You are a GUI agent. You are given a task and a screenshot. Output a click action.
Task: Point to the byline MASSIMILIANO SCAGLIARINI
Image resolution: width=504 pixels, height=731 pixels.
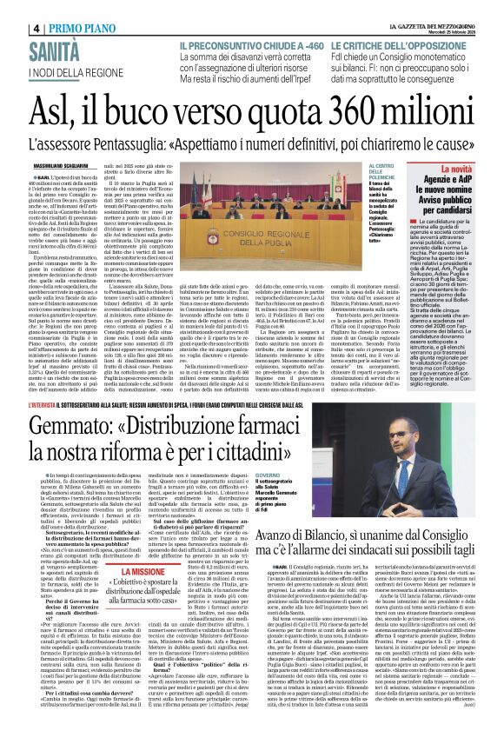coord(64,165)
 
